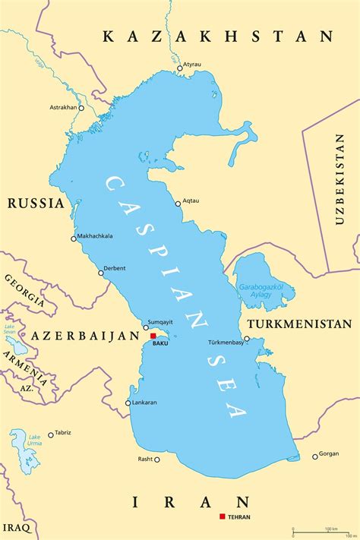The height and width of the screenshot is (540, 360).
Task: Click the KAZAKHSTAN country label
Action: [x=219, y=36]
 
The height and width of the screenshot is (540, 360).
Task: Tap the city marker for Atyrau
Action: [x=180, y=68]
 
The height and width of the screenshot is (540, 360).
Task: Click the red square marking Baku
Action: [x=153, y=336]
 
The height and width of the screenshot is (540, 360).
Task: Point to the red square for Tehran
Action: [x=222, y=516]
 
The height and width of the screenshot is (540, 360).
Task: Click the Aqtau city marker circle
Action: [x=177, y=203]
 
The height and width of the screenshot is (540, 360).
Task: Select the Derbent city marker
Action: [x=101, y=273]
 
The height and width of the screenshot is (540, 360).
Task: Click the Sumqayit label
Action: [x=159, y=322]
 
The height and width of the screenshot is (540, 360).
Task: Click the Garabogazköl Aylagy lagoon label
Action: [x=261, y=291]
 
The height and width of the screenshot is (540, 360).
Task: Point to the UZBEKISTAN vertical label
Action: [x=339, y=178]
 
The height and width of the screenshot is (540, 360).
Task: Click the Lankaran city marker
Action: [x=128, y=403]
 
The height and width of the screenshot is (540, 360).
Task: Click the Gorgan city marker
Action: [x=315, y=456]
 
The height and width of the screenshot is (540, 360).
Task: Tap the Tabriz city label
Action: [x=63, y=432]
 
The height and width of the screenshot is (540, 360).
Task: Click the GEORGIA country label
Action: [x=25, y=289]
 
